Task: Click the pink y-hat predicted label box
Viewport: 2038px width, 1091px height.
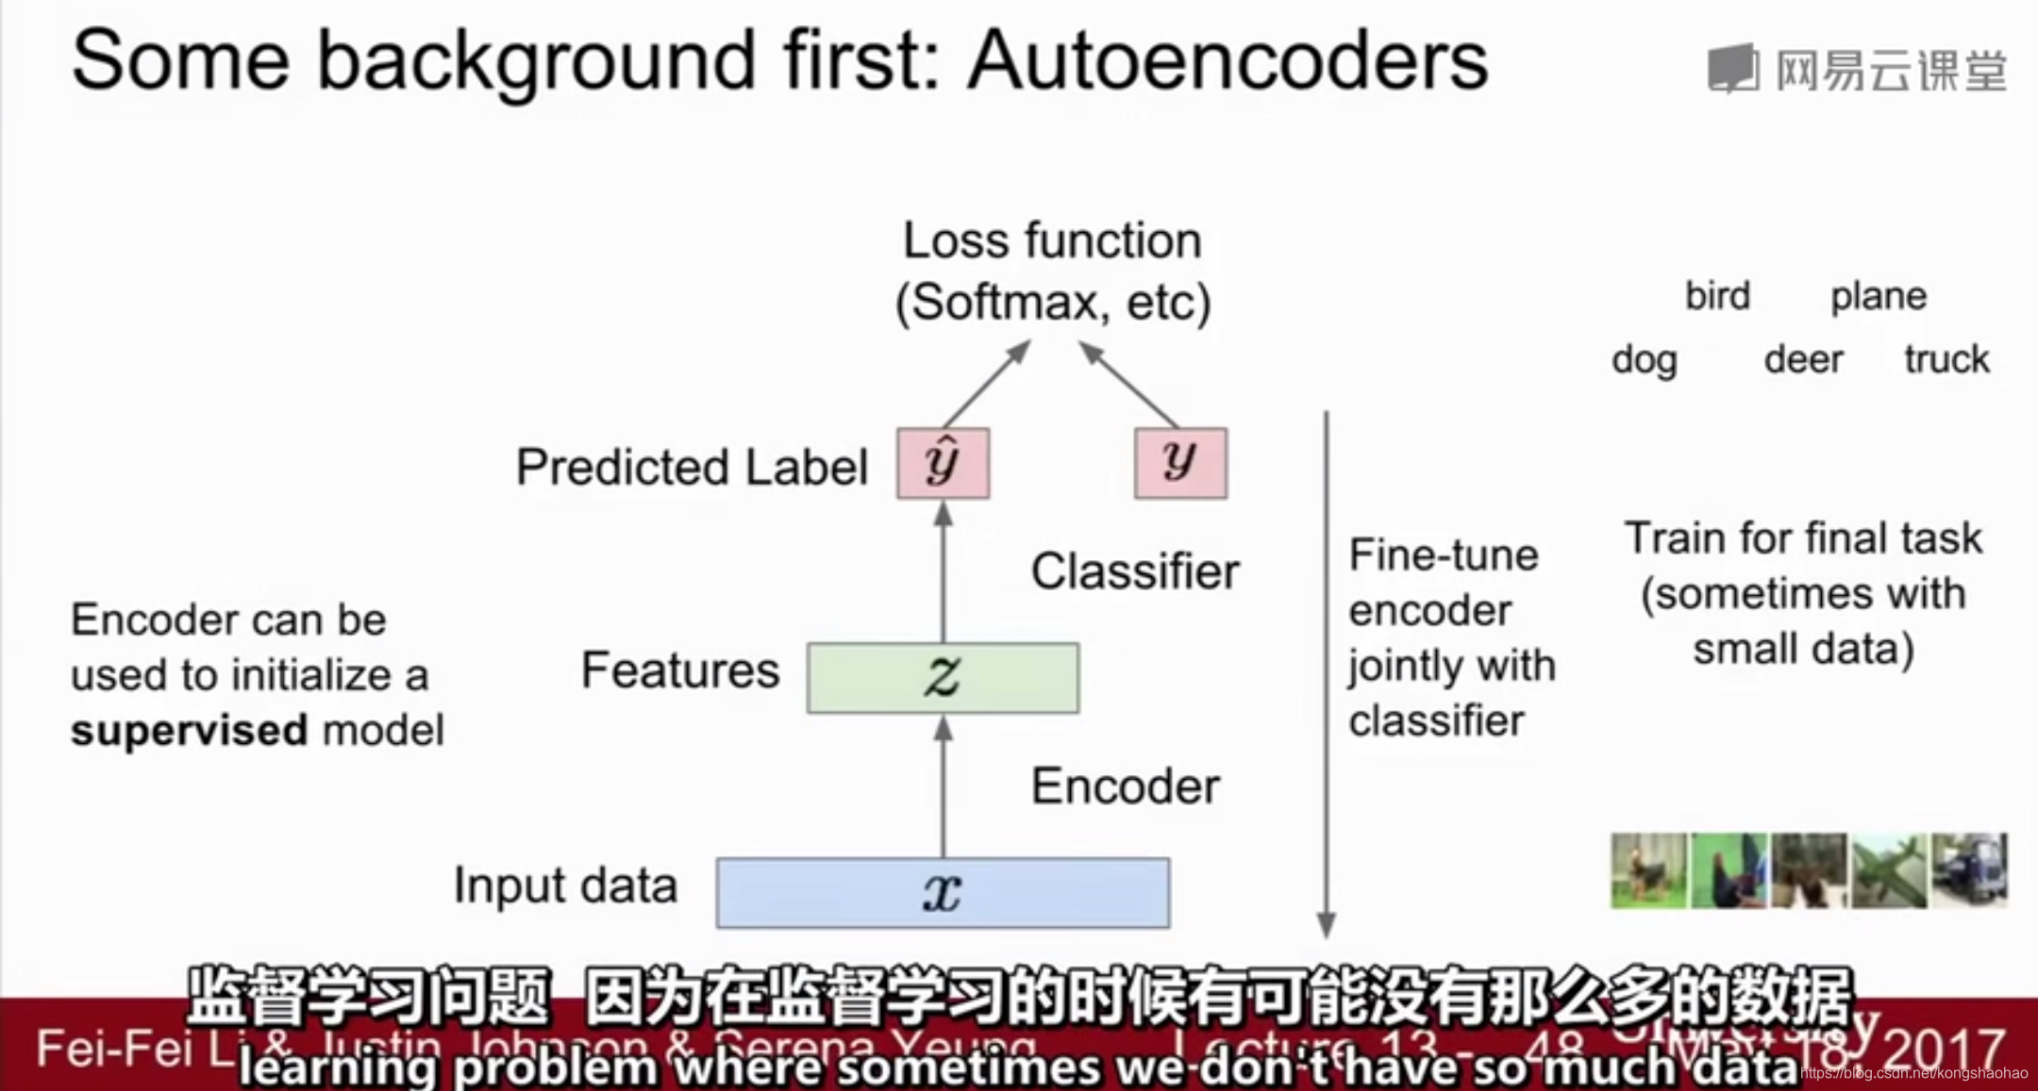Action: tap(943, 463)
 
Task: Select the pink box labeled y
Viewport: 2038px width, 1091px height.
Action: tap(1180, 463)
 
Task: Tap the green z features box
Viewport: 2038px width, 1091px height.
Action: tap(943, 677)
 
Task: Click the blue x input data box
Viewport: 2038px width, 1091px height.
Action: tap(943, 892)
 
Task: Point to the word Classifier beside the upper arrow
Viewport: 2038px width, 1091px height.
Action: tap(1134, 570)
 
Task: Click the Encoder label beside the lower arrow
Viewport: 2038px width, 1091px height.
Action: tap(1125, 785)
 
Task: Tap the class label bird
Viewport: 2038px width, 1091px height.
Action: tap(1717, 296)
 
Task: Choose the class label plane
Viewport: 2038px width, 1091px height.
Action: tap(1878, 296)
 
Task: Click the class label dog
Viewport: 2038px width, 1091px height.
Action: tap(1644, 359)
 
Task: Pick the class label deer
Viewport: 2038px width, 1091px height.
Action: tap(1803, 359)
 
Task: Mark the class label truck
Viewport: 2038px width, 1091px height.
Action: tap(1946, 359)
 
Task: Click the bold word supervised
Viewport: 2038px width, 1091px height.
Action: tap(189, 731)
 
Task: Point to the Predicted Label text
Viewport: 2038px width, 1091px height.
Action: tap(692, 467)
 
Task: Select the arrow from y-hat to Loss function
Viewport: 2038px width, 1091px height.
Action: tap(986, 385)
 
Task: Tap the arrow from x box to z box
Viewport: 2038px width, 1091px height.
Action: tap(943, 787)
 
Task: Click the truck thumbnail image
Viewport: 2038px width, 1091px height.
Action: tap(1969, 870)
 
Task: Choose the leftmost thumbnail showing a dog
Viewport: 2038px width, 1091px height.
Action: tap(1647, 870)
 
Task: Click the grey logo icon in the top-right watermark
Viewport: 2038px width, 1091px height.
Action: tap(1733, 68)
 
